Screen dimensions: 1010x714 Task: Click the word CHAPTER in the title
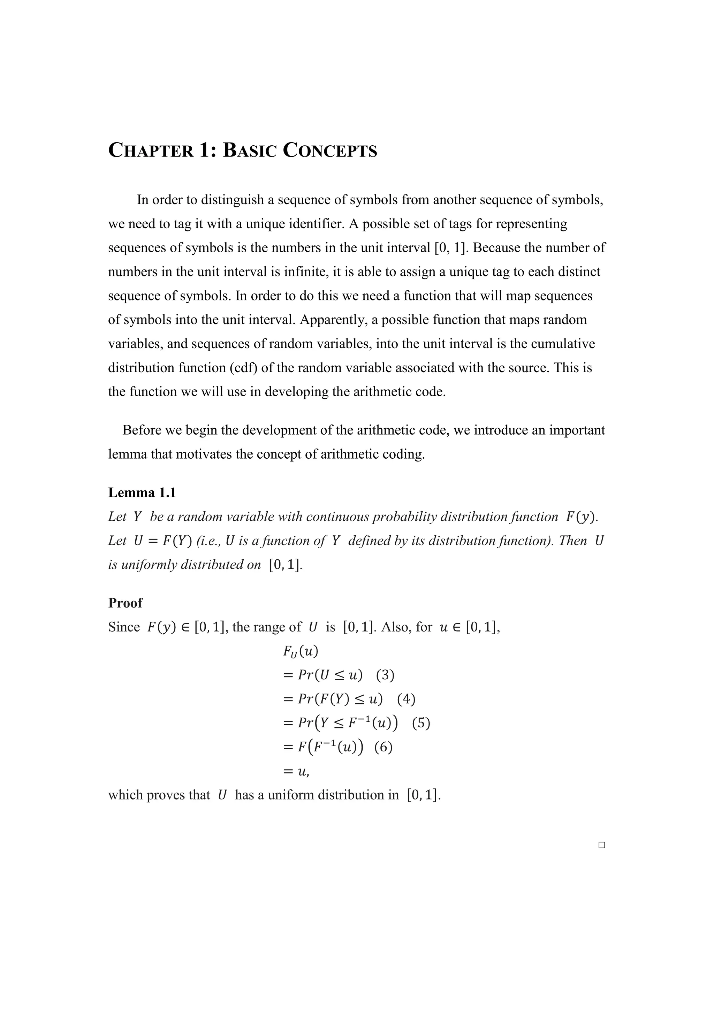pos(151,151)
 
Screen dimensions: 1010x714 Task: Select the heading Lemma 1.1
pos(142,493)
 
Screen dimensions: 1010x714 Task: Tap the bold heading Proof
pos(126,603)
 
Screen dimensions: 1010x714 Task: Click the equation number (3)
pos(385,675)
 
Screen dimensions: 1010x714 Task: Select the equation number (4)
pos(406,699)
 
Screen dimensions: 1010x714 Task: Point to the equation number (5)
pos(421,723)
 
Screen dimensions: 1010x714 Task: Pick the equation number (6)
pos(383,747)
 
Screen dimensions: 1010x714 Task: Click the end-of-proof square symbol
pos(602,845)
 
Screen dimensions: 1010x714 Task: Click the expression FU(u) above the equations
pos(301,651)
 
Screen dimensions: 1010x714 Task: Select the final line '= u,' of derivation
pos(296,771)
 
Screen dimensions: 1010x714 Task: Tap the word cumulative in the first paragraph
pos(563,344)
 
